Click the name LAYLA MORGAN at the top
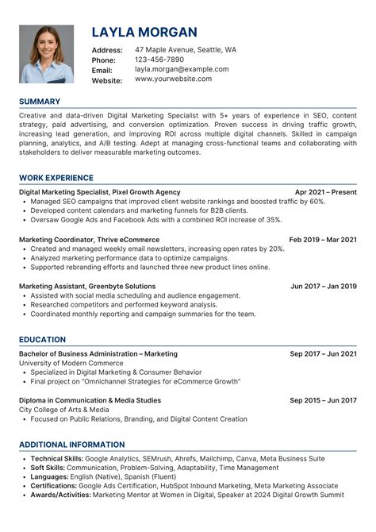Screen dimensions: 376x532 coord(144,33)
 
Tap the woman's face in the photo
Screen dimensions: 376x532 coord(46,44)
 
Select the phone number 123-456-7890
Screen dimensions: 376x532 coord(159,60)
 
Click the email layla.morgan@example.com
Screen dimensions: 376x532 coord(181,70)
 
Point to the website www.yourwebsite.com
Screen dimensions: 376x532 coord(173,79)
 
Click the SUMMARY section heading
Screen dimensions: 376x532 coord(39,102)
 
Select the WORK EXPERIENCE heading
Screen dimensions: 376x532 coord(56,178)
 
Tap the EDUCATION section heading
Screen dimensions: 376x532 coord(43,340)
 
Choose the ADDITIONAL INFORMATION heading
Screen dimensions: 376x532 coord(72,445)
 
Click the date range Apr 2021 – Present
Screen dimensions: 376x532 coord(325,192)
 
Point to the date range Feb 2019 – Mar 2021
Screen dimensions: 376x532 coord(323,239)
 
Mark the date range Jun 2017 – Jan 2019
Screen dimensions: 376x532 coord(324,286)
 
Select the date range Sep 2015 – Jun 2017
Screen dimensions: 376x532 coord(323,400)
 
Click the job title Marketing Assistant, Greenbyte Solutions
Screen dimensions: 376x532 coord(87,286)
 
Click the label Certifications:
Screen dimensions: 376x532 coord(54,485)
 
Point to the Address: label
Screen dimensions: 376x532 coord(107,50)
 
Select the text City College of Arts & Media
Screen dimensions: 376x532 coord(64,410)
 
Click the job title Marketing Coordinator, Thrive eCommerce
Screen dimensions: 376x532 coord(89,239)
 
